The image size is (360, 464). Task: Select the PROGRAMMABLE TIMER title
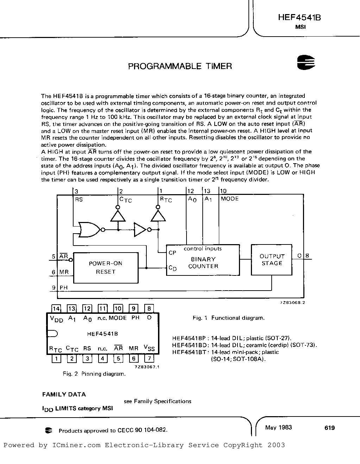click(180, 66)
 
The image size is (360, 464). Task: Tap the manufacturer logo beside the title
click(306, 62)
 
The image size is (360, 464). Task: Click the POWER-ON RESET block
click(105, 267)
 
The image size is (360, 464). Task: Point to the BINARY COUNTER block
click(203, 262)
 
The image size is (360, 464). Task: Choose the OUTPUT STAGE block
click(271, 260)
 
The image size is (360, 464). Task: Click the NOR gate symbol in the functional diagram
click(90, 230)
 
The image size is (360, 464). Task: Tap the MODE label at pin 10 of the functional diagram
click(229, 199)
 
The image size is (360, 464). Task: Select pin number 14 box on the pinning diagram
click(56, 309)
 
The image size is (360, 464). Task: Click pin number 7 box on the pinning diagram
click(149, 359)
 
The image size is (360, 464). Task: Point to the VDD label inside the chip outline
click(57, 319)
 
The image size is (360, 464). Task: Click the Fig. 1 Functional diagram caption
click(228, 318)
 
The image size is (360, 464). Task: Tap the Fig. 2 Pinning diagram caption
click(94, 374)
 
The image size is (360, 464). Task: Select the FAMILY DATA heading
click(64, 394)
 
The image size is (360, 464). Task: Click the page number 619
click(330, 428)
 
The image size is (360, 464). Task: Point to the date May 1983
click(278, 427)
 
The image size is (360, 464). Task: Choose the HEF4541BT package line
click(225, 352)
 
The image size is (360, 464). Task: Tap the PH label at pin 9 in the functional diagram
click(63, 288)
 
